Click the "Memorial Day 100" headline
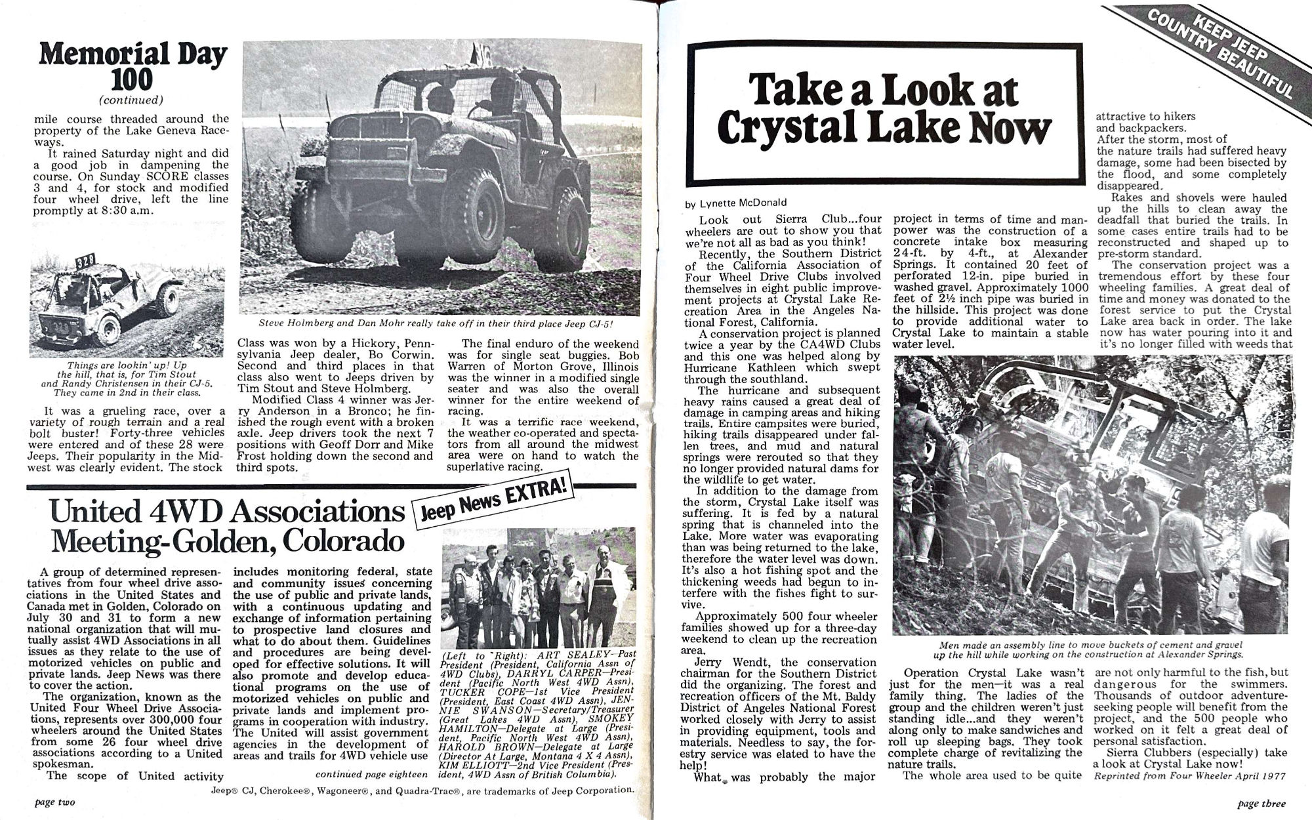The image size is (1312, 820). coord(133,66)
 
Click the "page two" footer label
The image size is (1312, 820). coord(54,802)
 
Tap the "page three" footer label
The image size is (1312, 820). coord(1261,803)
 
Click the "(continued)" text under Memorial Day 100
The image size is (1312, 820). coord(131,100)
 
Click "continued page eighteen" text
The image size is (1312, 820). coord(371,774)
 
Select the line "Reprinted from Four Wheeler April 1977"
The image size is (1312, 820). coord(1189,776)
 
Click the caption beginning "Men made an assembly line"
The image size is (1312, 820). coord(1091,649)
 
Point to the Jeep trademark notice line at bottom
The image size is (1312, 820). coord(422,790)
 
